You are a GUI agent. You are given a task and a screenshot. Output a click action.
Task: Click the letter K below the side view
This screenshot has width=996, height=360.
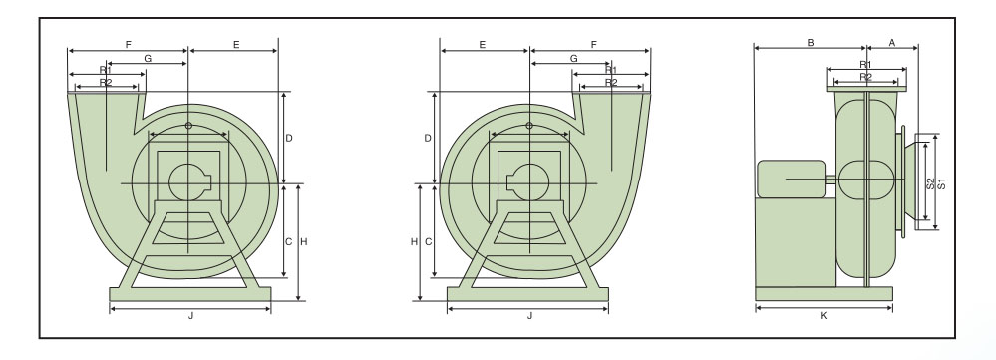[824, 316]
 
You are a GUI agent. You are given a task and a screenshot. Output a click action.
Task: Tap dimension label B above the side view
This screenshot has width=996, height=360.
[811, 43]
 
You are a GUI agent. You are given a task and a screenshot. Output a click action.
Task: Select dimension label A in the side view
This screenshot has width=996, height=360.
[892, 43]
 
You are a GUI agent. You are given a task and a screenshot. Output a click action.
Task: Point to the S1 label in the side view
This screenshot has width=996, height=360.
[942, 183]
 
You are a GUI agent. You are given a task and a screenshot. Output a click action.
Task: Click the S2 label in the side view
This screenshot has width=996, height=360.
[930, 183]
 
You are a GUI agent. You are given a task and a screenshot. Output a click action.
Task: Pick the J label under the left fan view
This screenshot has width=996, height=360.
[190, 316]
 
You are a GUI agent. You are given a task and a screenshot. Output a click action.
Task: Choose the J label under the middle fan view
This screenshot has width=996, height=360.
[529, 316]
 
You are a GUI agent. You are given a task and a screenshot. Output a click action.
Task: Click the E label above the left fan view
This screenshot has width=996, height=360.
[236, 45]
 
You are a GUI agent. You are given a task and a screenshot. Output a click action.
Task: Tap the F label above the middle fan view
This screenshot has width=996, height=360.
[594, 45]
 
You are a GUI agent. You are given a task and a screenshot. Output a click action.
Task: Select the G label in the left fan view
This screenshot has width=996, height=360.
[148, 59]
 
